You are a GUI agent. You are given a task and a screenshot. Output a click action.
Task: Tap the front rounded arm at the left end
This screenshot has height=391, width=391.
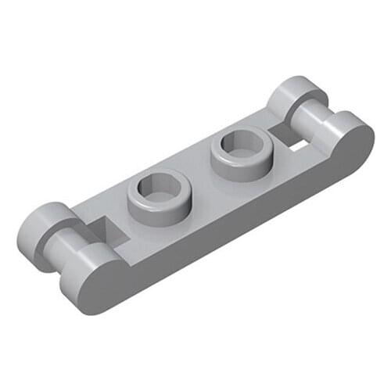click(98, 270)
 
